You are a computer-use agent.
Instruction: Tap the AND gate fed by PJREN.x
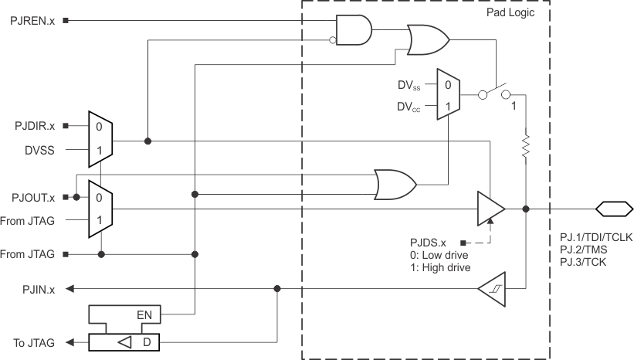pos(354,29)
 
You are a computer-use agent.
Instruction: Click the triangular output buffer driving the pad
pos(490,209)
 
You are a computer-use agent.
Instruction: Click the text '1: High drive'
pos(442,267)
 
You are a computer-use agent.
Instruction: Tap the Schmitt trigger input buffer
pos(490,289)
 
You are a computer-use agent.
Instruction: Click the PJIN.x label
pos(38,289)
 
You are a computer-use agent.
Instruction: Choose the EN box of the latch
pos(144,314)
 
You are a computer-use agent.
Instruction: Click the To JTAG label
pos(35,343)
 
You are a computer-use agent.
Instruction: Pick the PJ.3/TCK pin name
pos(583,263)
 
